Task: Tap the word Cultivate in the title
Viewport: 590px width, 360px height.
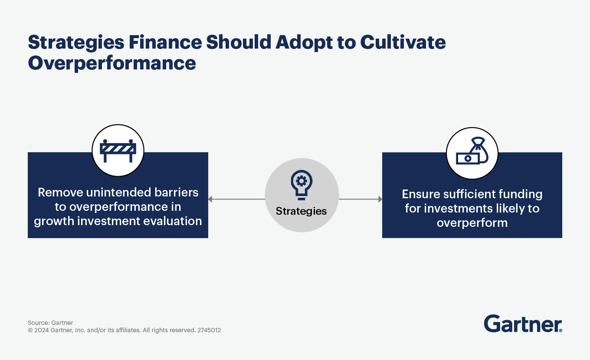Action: [x=403, y=43]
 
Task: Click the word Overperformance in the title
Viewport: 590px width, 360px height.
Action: [x=112, y=63]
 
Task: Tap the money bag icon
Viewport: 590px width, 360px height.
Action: [x=472, y=153]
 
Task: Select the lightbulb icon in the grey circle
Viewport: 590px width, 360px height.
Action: [x=302, y=184]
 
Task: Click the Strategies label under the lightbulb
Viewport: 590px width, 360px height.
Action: [x=302, y=211]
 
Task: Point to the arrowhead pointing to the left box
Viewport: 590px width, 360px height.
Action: [x=210, y=200]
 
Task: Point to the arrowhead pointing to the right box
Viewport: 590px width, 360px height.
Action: [x=380, y=200]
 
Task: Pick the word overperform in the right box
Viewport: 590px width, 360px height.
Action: [x=472, y=223]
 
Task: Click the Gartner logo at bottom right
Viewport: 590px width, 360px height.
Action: [x=523, y=324]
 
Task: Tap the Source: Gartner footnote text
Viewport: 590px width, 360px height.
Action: [x=50, y=323]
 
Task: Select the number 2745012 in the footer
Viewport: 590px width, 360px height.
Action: [x=209, y=330]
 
